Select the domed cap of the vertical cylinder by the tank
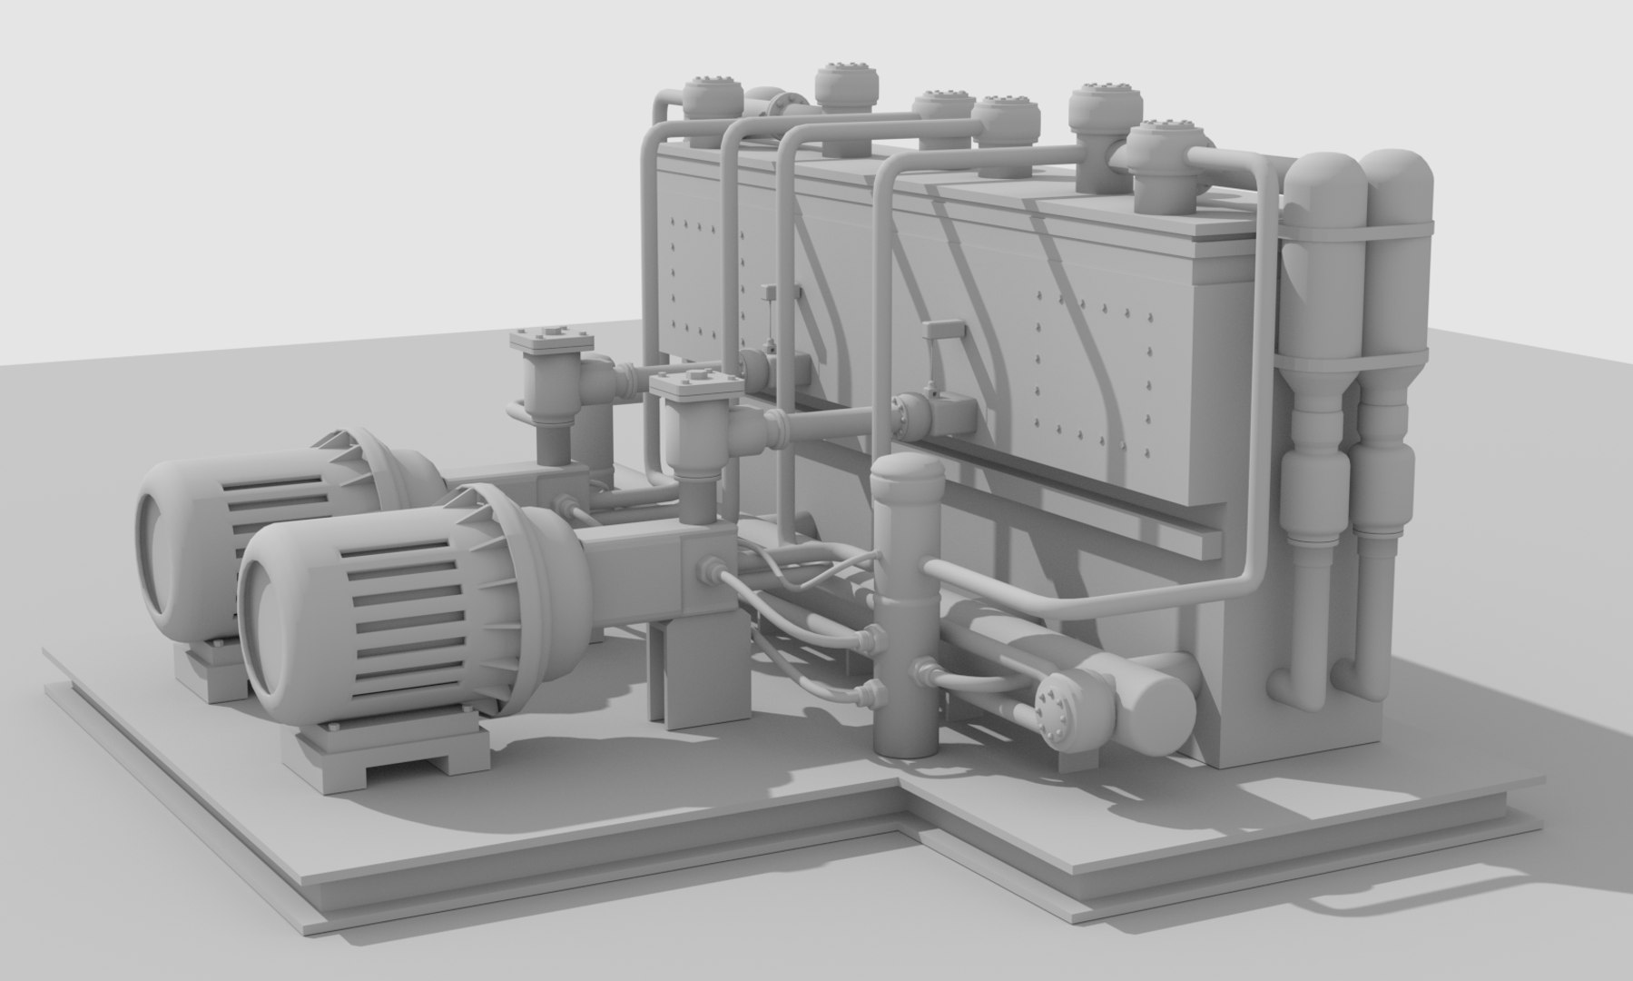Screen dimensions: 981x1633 906,474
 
